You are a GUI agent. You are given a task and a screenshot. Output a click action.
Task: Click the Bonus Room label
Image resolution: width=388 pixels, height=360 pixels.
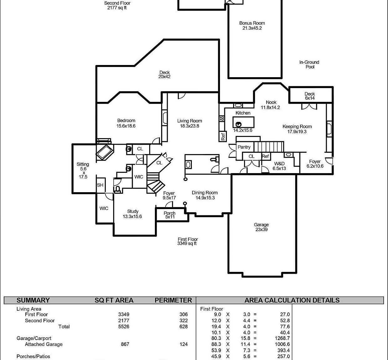click(x=252, y=25)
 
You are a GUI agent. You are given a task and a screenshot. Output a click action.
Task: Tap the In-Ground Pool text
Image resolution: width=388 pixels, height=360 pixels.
click(x=309, y=64)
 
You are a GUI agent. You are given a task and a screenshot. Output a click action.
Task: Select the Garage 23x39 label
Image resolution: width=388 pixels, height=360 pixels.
click(x=261, y=227)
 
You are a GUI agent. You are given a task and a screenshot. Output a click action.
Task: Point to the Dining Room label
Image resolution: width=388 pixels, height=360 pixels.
click(x=205, y=195)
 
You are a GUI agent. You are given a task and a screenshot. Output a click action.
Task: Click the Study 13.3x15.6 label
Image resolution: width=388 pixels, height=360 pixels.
click(x=132, y=214)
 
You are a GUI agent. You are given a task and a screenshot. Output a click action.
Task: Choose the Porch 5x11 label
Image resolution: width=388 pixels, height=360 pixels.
click(x=170, y=215)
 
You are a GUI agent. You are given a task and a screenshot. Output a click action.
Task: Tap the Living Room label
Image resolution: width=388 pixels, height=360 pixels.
click(x=189, y=123)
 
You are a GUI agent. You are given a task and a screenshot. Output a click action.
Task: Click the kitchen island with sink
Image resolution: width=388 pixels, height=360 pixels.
click(x=243, y=122)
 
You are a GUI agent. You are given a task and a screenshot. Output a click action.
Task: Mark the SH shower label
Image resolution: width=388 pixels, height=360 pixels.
click(x=100, y=185)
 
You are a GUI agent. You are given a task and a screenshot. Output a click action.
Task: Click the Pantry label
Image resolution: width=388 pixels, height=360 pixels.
click(x=244, y=147)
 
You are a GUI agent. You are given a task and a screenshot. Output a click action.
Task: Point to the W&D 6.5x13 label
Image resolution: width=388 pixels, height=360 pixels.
click(x=279, y=166)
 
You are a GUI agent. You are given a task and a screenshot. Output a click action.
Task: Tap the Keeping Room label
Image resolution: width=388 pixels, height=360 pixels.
click(x=297, y=129)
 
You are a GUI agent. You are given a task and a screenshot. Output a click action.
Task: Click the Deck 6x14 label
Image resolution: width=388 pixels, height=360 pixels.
click(x=309, y=96)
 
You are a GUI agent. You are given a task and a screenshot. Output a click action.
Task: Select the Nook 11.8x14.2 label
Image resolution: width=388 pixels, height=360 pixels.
click(x=271, y=105)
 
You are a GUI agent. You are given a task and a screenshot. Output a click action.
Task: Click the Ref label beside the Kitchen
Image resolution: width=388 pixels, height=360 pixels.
click(x=223, y=136)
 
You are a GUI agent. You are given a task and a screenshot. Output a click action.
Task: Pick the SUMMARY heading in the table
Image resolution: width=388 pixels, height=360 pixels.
click(x=33, y=300)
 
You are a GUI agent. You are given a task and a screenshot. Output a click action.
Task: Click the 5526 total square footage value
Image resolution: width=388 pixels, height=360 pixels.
click(x=124, y=327)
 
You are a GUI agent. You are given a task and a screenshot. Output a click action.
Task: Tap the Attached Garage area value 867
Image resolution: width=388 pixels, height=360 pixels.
click(x=125, y=344)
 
